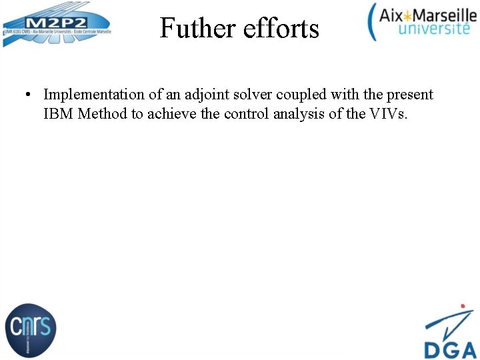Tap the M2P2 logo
click(56, 25)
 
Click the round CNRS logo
click(30, 328)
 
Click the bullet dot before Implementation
click(25, 95)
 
